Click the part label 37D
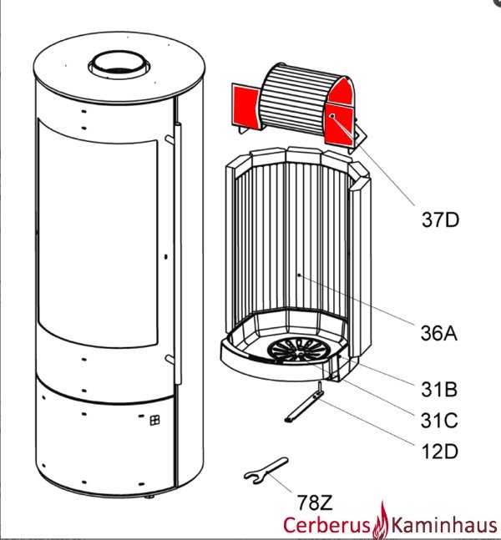pos(439,220)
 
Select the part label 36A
pos(439,334)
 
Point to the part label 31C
pos(439,417)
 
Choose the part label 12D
pos(439,451)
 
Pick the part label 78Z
pos(316,502)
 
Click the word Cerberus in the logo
pos(329,525)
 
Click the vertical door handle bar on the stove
pos(177,250)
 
